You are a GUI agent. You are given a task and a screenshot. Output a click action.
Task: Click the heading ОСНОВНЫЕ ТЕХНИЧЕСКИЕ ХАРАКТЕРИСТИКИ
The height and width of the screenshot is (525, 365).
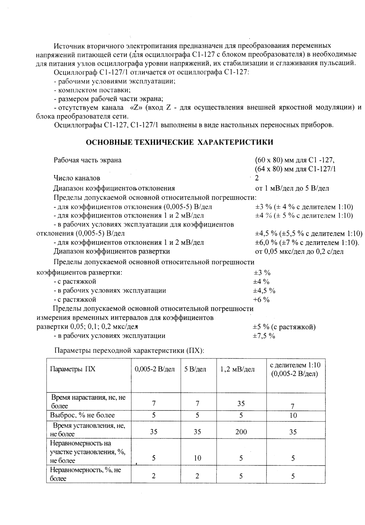179,143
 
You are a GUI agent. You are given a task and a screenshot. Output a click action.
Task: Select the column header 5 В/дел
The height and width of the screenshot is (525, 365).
195,369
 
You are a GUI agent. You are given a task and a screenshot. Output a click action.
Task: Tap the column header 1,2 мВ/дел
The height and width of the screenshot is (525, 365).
237,369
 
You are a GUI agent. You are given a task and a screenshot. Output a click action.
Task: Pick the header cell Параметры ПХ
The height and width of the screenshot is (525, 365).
73,369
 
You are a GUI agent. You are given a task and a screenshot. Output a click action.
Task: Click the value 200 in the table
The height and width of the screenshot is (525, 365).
241,432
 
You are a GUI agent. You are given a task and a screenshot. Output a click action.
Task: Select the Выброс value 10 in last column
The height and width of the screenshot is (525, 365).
293,415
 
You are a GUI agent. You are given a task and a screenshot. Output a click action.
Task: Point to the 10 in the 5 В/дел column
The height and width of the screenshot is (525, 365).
197,458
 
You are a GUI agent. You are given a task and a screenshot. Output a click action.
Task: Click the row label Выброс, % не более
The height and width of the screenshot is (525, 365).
82,415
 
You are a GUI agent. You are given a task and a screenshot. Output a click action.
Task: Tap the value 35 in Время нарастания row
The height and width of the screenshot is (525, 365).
241,403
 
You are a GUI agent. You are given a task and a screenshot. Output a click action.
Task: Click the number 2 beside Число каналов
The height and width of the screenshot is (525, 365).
257,178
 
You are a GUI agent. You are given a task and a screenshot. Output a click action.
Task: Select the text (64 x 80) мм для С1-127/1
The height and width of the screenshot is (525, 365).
295,169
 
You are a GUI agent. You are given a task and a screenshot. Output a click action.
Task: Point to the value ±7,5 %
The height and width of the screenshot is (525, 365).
264,336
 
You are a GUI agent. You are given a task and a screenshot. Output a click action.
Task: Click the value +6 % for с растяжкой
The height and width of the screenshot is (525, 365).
261,300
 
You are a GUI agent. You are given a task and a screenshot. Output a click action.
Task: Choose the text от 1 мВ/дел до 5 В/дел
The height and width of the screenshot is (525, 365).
292,188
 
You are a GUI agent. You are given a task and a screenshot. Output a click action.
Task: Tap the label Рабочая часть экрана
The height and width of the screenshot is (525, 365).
88,160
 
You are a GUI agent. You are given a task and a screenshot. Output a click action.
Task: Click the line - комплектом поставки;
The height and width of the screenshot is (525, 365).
92,90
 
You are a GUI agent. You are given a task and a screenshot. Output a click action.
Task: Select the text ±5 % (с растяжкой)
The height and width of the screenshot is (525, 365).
284,327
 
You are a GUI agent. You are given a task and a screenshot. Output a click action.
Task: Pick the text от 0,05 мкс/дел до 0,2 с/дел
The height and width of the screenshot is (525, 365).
299,251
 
